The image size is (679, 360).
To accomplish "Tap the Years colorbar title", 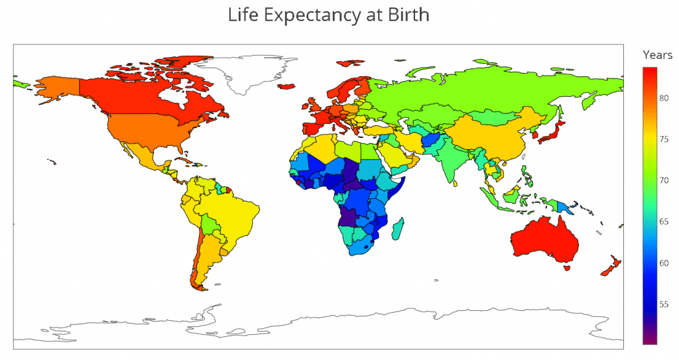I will click(657, 55).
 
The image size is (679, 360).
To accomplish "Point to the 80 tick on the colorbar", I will click(664, 99).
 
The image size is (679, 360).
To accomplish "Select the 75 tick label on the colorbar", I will click(664, 140).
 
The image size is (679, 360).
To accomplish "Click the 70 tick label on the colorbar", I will click(664, 180).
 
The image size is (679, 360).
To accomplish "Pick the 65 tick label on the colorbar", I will click(664, 221).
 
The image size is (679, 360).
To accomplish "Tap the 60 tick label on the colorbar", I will click(664, 263).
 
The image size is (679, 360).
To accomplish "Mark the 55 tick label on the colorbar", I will click(664, 304).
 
